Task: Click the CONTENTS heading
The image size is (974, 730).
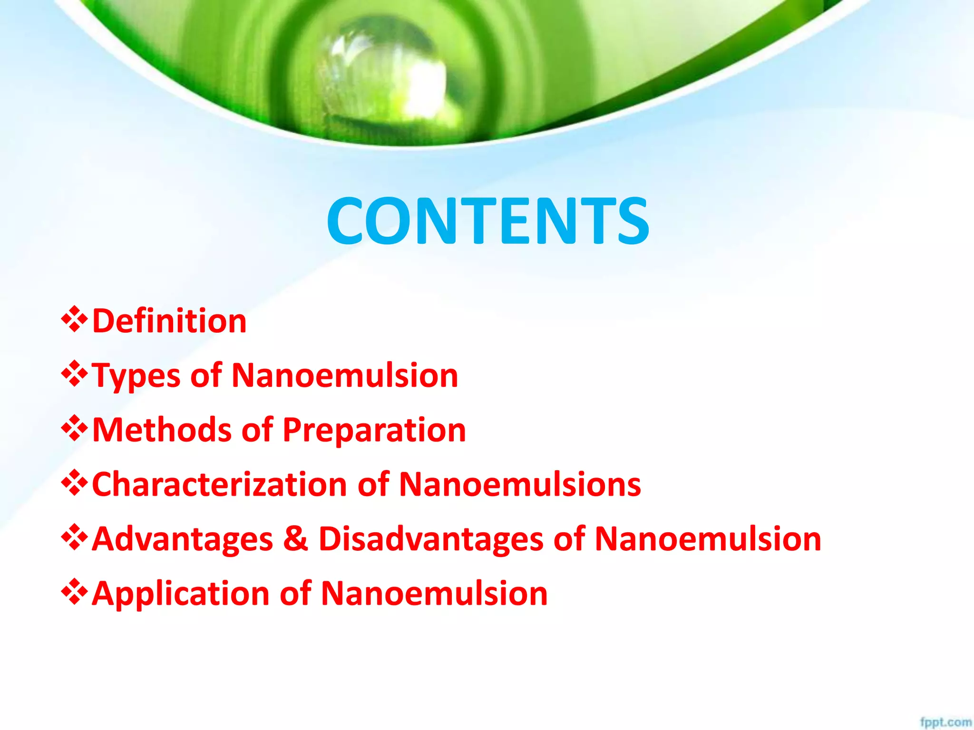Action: [488, 221]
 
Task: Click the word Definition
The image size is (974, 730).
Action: [169, 321]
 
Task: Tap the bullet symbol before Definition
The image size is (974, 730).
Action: [74, 319]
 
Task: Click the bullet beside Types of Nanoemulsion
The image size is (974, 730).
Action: [74, 374]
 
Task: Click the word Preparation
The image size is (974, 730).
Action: [374, 431]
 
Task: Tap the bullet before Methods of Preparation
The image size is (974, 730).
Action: [74, 429]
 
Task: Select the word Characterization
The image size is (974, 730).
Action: [219, 484]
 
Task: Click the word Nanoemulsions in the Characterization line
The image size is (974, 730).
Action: [520, 484]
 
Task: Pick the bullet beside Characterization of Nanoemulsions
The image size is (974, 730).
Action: [74, 483]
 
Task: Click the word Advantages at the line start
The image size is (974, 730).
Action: [183, 539]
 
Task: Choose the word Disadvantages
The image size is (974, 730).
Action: [431, 539]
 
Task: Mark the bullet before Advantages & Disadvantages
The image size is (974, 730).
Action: [74, 538]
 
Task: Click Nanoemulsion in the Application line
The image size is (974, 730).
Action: [434, 594]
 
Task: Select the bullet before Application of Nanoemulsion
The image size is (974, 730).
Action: [74, 593]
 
